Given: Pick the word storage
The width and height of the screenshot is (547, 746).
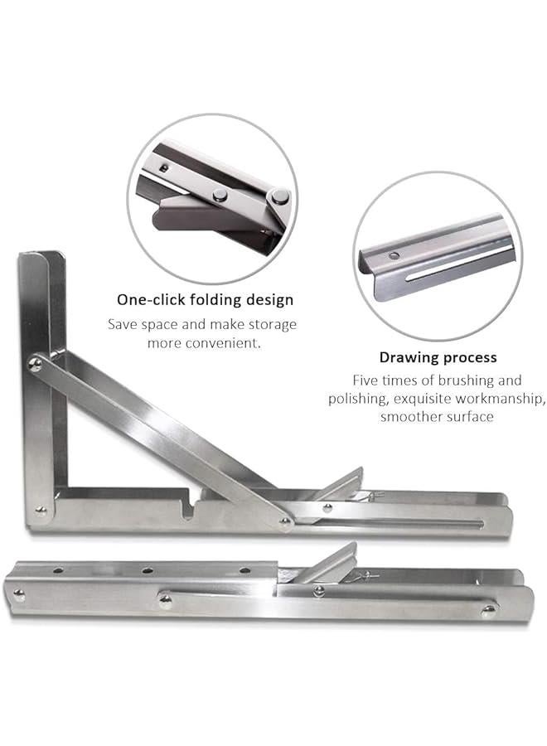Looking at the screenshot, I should (270, 324).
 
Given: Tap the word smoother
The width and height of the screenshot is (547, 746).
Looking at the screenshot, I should (413, 417).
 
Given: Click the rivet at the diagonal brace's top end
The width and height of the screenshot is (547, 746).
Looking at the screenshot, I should (36, 363).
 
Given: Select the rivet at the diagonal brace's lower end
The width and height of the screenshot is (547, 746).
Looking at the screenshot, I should (285, 522).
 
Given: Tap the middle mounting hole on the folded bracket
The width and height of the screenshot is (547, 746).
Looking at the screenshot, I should (147, 570).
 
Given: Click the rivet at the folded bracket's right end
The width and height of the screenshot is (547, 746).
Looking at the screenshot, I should (488, 611).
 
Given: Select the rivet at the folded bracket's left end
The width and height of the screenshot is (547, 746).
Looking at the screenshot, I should (18, 593).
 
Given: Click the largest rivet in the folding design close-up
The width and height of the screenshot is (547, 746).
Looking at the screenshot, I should (280, 197).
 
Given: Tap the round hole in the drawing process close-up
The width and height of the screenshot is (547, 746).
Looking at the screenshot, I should (393, 254).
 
